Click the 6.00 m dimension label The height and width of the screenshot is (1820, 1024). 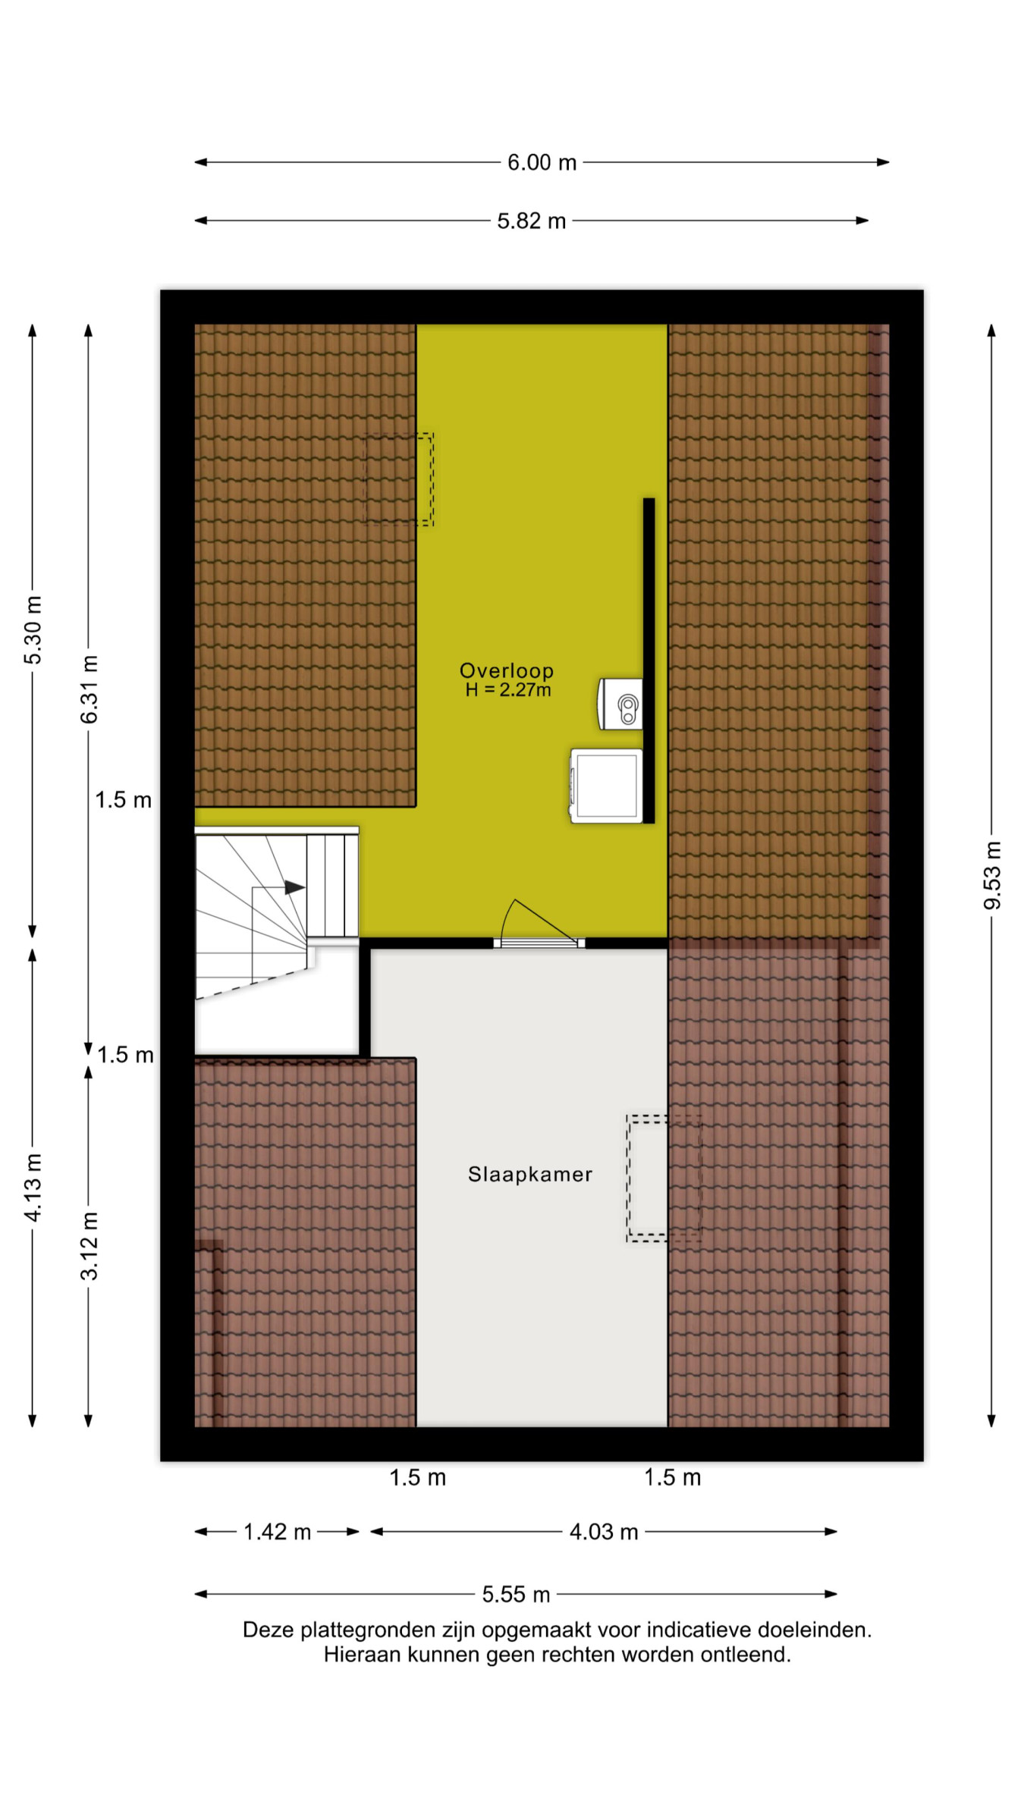542,162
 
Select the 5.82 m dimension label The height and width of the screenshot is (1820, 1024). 531,221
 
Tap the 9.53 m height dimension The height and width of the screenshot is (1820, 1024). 991,875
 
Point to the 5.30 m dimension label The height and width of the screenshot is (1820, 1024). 33,630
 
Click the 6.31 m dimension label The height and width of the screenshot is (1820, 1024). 89,689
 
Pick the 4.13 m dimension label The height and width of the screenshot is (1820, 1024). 33,1188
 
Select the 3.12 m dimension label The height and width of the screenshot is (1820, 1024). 89,1246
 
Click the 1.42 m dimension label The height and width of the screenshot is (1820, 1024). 277,1532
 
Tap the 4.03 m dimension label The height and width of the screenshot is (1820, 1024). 604,1532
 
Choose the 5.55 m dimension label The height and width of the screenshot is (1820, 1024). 516,1594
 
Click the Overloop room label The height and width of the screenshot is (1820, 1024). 507,670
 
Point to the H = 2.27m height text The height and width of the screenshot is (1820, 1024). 507,689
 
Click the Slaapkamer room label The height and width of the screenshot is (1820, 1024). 529,1174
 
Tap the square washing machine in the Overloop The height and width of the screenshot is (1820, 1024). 606,786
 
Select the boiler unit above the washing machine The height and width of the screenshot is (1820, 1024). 620,704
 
